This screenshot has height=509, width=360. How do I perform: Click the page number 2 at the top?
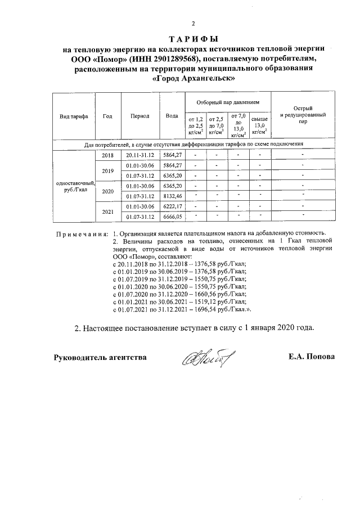193,24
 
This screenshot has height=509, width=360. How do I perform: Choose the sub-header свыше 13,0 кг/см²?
259,125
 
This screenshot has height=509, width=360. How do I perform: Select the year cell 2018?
107,155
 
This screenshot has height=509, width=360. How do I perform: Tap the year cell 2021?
107,211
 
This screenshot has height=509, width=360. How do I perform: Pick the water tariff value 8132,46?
172,196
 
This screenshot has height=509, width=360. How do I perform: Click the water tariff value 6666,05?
172,217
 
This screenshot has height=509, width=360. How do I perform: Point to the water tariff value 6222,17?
172,206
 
